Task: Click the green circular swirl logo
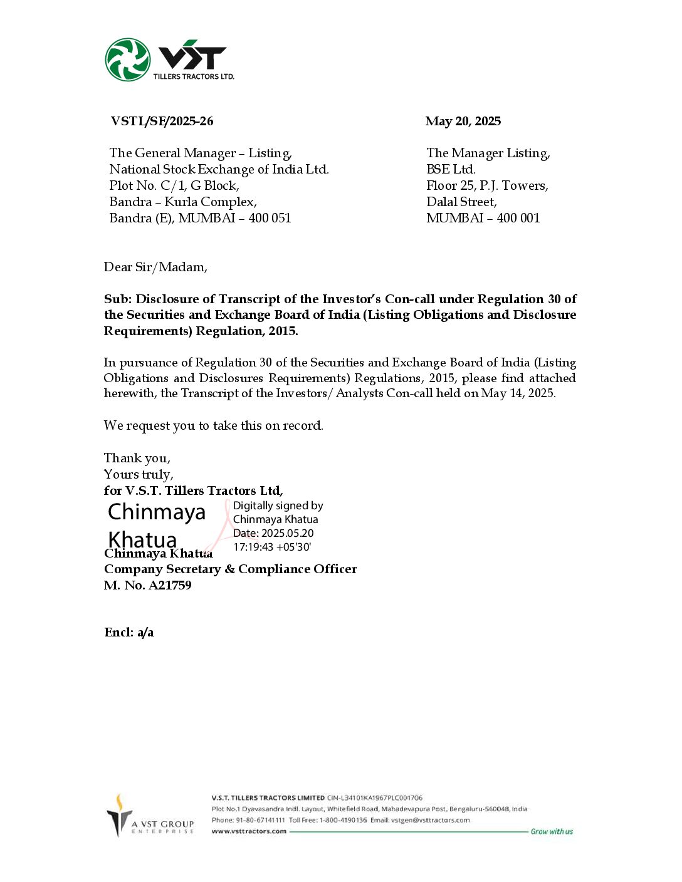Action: pyautogui.click(x=128, y=60)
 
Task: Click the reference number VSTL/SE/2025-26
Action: pyautogui.click(x=162, y=122)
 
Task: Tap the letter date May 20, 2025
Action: pyautogui.click(x=463, y=122)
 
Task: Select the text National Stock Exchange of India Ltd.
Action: pyautogui.click(x=219, y=170)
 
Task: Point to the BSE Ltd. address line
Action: pyautogui.click(x=451, y=170)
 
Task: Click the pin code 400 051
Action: pyautogui.click(x=270, y=219)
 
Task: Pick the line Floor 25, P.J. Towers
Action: pyautogui.click(x=487, y=186)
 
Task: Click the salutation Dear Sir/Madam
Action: pyautogui.click(x=155, y=267)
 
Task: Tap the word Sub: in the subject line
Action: pyautogui.click(x=118, y=299)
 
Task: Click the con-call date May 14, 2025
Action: pyautogui.click(x=518, y=393)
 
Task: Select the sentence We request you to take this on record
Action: pyautogui.click(x=213, y=426)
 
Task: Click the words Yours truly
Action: pyautogui.click(x=139, y=475)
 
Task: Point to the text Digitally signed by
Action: pyautogui.click(x=278, y=506)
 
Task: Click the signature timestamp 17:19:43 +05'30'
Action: pyautogui.click(x=272, y=547)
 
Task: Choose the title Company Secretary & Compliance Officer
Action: pyautogui.click(x=230, y=569)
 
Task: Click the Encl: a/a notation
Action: pyautogui.click(x=129, y=633)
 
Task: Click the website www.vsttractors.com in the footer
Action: pyautogui.click(x=249, y=832)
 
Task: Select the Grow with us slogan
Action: pyautogui.click(x=552, y=832)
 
